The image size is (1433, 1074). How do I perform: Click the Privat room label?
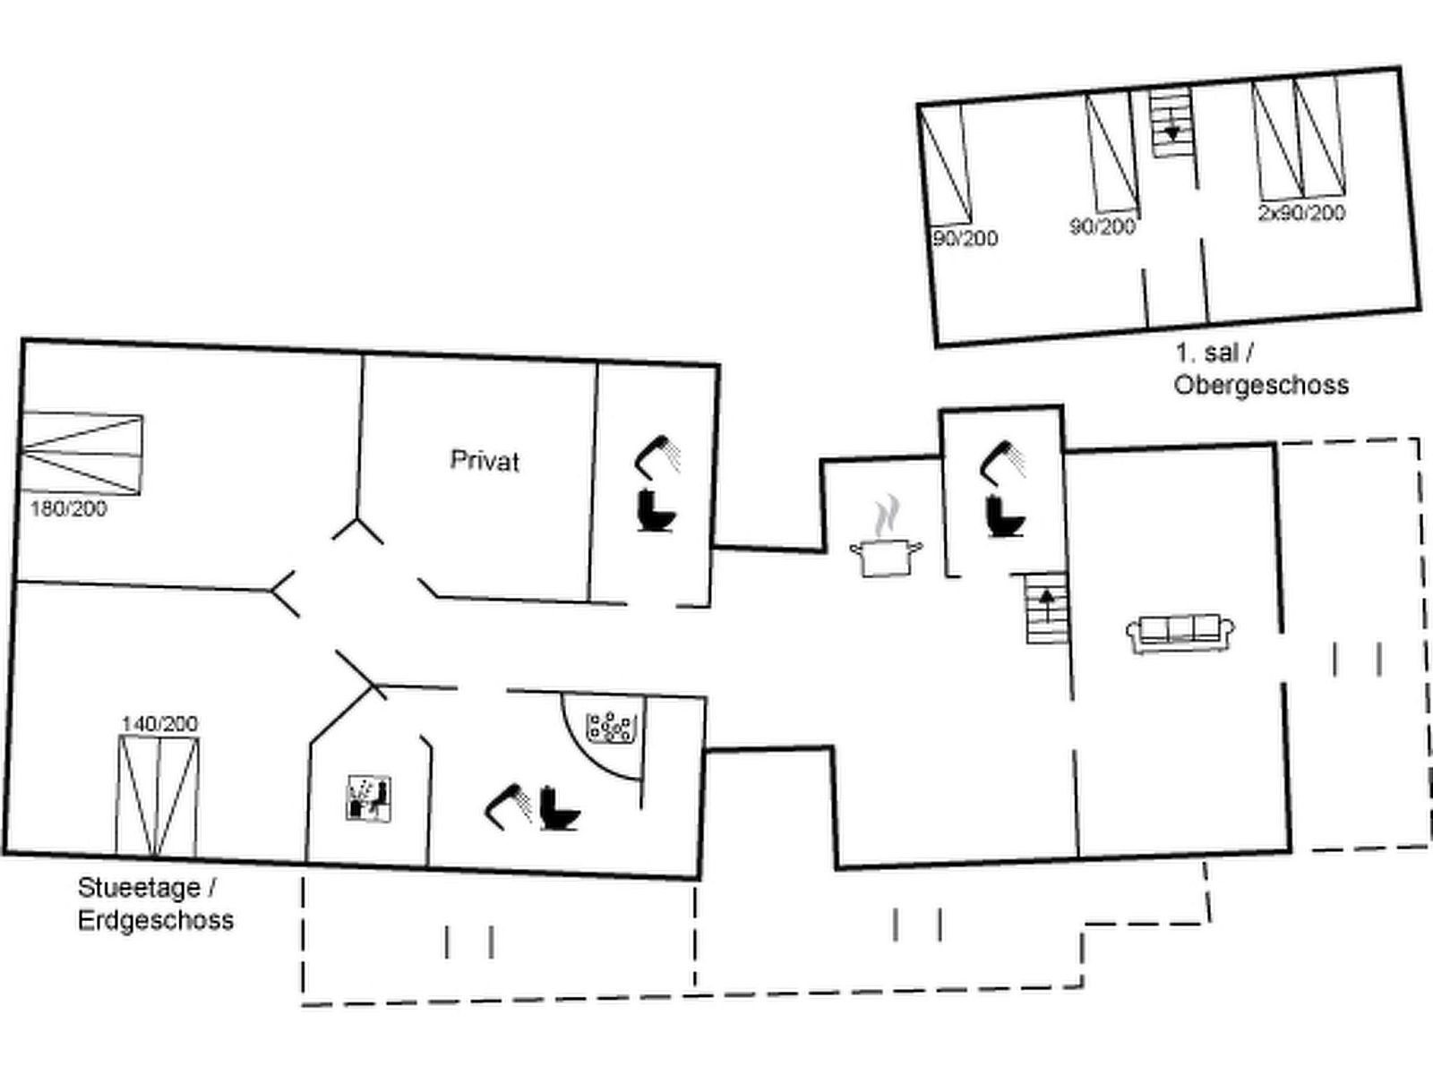485,461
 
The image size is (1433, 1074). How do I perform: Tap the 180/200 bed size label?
69,509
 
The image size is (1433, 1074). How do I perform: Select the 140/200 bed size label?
159,723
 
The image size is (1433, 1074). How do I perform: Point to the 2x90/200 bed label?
1301,213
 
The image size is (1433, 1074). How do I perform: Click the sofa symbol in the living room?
1180,632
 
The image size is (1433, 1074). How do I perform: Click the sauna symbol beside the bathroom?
369,797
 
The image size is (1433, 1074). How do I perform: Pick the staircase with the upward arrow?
1046,609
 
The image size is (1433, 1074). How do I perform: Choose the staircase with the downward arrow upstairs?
1171,123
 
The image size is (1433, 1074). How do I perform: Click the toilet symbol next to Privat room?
657,511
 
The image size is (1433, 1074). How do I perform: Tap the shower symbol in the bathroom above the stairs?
1005,457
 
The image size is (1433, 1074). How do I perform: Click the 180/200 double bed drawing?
82,454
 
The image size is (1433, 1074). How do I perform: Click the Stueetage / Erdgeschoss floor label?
155,904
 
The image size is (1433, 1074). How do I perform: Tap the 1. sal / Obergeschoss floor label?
1260,369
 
